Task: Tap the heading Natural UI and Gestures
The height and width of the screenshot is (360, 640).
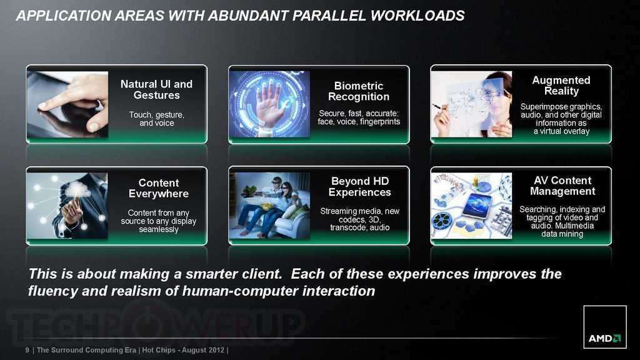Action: (x=156, y=89)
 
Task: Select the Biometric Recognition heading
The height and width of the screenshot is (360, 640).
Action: (x=359, y=91)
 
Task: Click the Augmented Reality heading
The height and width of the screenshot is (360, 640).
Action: (x=561, y=85)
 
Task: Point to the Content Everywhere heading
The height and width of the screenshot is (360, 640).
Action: (x=159, y=188)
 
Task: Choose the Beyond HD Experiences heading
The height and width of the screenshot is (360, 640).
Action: (x=359, y=186)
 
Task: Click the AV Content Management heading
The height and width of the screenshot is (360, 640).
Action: (x=562, y=186)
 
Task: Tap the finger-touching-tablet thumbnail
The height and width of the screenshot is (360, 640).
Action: (x=67, y=104)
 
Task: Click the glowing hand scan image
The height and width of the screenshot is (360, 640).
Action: (x=269, y=104)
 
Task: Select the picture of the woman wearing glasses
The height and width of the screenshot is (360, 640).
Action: (x=471, y=104)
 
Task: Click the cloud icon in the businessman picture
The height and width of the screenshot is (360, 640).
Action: (x=77, y=190)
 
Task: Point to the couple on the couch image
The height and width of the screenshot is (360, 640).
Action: (x=269, y=206)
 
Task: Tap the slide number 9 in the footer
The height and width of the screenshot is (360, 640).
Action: (x=27, y=350)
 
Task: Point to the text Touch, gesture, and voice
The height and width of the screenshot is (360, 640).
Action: (x=157, y=119)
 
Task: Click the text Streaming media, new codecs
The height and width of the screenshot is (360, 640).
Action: (x=359, y=215)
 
